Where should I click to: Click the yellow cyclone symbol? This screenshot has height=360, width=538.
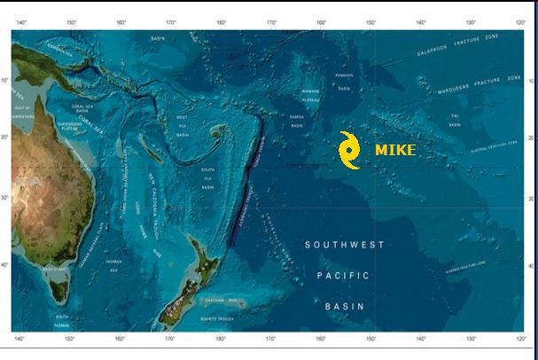coord(350,150)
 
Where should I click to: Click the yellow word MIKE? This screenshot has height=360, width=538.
coord(394,150)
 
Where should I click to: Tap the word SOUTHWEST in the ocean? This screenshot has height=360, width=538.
coord(345,245)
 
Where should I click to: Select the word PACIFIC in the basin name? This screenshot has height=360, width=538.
coord(344,276)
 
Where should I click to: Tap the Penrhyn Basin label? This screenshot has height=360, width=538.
coord(345,82)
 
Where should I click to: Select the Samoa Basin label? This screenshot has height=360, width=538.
coord(298,121)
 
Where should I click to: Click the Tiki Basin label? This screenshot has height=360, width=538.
coord(455,121)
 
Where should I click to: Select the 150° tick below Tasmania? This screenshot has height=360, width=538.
coord(70,340)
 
